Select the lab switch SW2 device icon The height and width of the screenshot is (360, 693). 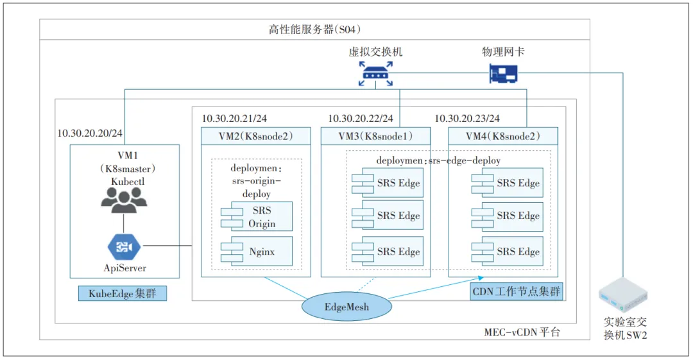click(x=622, y=296)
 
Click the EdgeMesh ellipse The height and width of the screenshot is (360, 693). click(x=346, y=307)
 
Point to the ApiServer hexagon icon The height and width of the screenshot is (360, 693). click(x=124, y=246)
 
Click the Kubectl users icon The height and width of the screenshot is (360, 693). click(x=124, y=200)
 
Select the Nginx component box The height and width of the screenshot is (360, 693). click(x=257, y=252)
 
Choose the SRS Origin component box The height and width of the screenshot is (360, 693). click(x=257, y=217)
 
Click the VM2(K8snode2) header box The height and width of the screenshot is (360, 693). click(x=255, y=136)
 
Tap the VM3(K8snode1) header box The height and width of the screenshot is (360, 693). click(x=375, y=136)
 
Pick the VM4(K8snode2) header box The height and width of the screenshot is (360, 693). click(x=502, y=136)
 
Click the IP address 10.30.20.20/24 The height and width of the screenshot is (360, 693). click(x=90, y=133)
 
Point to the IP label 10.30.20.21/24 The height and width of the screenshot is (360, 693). click(x=235, y=119)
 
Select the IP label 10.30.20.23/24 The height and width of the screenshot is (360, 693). click(x=467, y=119)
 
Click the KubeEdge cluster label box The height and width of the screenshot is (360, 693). click(x=123, y=293)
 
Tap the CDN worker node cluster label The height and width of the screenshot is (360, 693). click(x=517, y=292)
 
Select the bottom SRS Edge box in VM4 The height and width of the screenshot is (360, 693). click(x=512, y=252)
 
